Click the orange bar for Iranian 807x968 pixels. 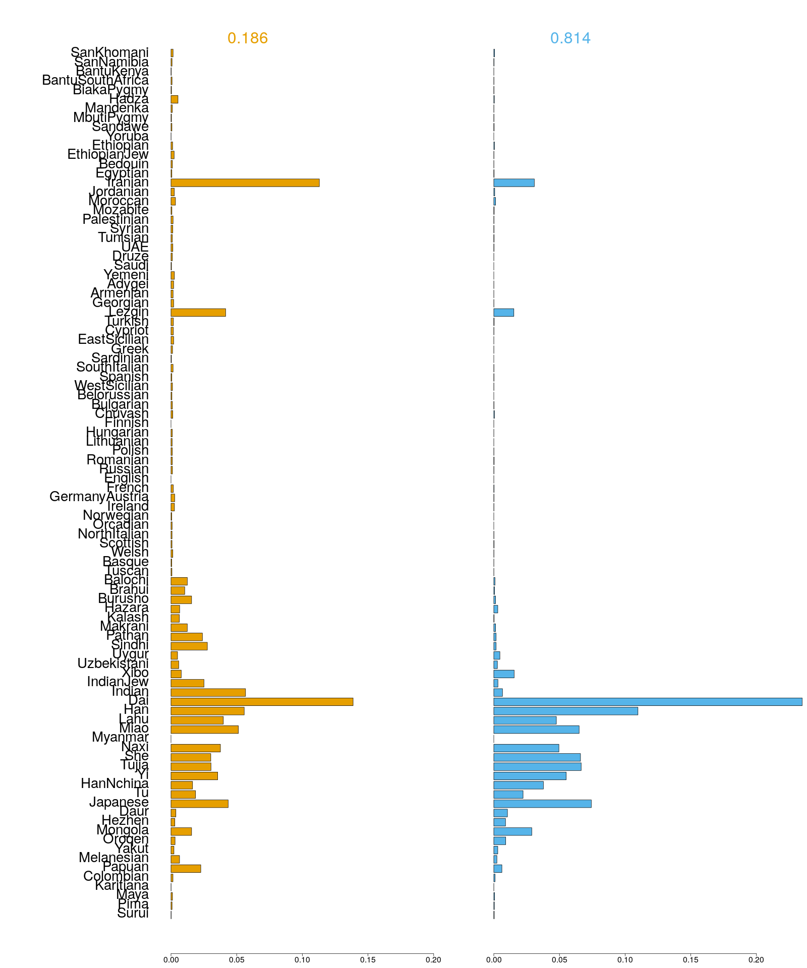[245, 183]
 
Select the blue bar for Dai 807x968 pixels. [648, 702]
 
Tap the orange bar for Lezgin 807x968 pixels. [198, 313]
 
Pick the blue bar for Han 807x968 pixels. [565, 711]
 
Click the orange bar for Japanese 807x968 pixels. [199, 804]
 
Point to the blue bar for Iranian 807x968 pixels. [513, 183]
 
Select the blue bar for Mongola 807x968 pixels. [512, 831]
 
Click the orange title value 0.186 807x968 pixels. [247, 38]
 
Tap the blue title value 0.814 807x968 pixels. [570, 38]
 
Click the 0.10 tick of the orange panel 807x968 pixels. [302, 960]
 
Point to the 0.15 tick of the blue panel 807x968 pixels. [690, 960]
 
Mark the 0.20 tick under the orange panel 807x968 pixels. [433, 960]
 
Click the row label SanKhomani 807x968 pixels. [109, 52]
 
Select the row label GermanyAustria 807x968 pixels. [99, 497]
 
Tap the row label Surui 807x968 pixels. [133, 914]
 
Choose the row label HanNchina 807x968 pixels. [114, 784]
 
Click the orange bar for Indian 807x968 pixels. [208, 692]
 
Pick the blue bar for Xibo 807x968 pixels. [503, 674]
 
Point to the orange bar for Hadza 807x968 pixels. [174, 99]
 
